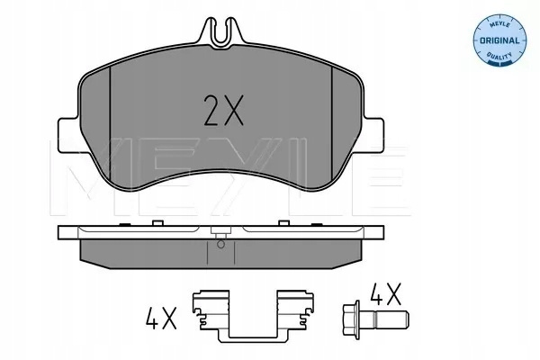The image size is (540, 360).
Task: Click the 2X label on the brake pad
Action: pyautogui.click(x=223, y=110)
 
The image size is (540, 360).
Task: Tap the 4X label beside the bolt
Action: pyautogui.click(x=385, y=294)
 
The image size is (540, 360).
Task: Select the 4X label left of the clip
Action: pyautogui.click(x=161, y=318)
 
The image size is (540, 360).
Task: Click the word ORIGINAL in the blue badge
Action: pyautogui.click(x=499, y=40)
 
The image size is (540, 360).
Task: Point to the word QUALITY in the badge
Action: pyautogui.click(x=499, y=56)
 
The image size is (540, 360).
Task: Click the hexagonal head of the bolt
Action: pyautogui.click(x=352, y=318)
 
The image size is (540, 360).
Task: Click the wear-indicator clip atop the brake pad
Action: pyautogui.click(x=222, y=33)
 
